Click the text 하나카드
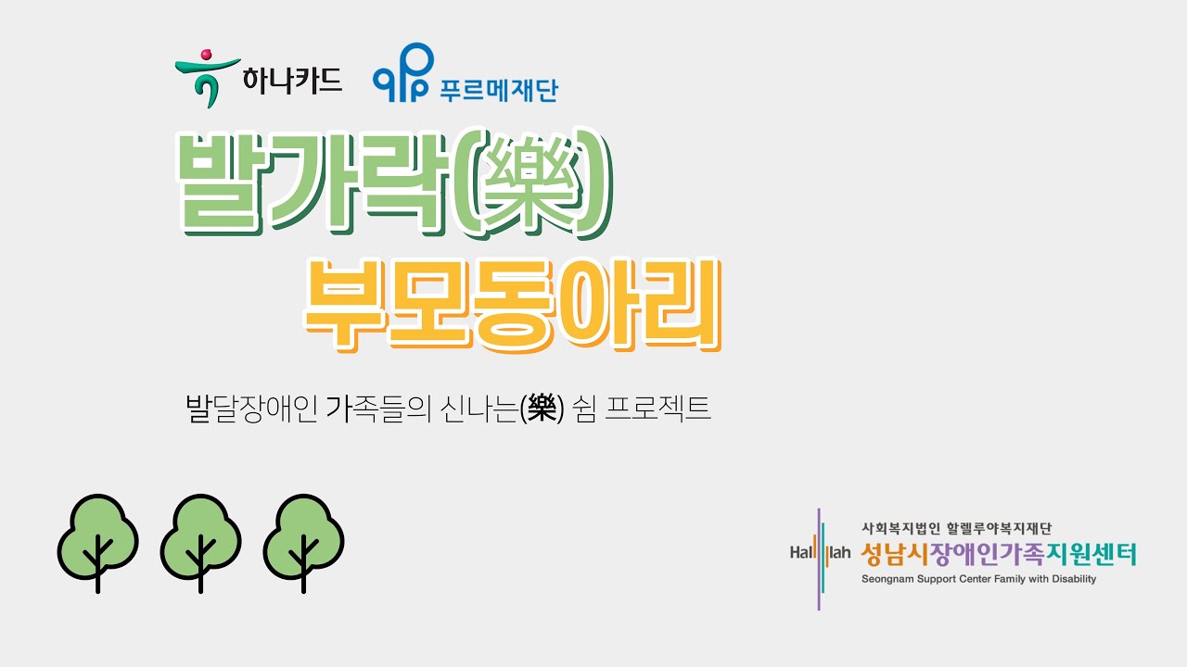292,81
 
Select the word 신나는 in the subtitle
482,409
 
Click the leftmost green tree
97,541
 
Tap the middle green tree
200,541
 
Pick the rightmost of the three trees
303,541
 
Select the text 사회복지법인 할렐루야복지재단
956,530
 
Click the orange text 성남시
887,555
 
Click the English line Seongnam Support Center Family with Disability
978,579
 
